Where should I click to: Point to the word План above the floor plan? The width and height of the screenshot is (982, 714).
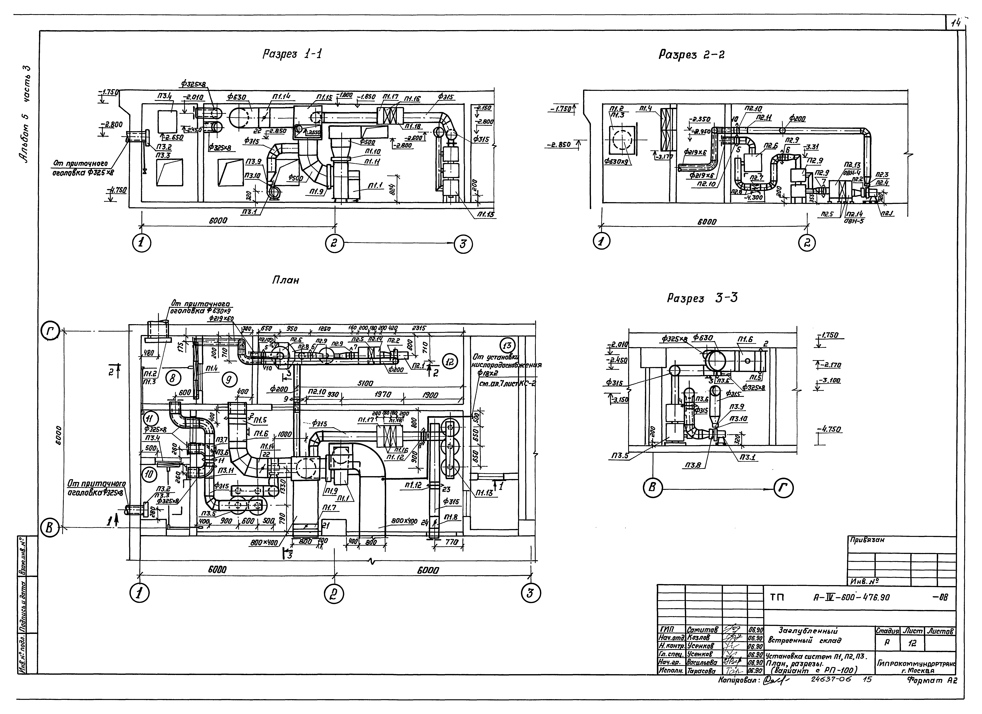coord(285,280)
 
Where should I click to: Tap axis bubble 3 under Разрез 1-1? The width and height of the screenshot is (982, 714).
coord(463,244)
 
